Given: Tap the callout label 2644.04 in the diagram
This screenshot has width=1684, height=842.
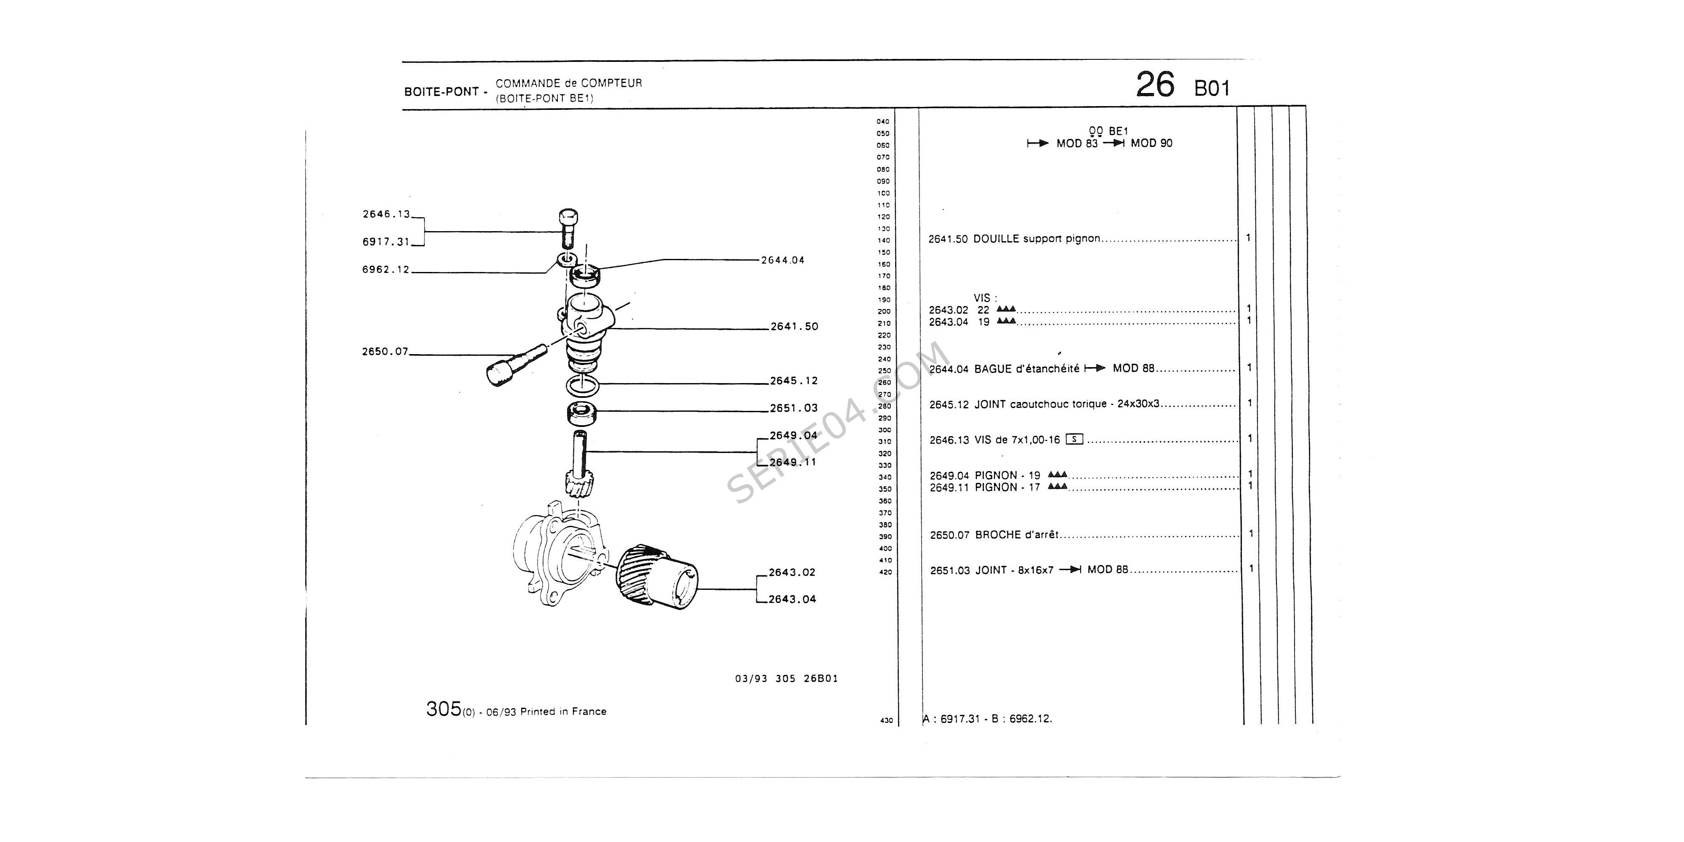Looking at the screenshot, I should (x=783, y=260).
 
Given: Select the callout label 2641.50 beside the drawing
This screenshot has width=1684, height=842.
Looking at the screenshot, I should (x=794, y=327).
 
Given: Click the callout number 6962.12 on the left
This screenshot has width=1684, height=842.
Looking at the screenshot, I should (x=386, y=269).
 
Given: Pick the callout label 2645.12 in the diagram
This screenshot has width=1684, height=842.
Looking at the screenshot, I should (x=794, y=381).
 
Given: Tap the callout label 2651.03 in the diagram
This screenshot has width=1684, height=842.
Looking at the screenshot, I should (x=794, y=408).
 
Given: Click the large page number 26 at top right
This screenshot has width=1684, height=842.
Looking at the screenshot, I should (x=1155, y=85).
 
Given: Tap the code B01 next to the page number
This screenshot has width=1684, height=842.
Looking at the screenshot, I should (x=1212, y=89).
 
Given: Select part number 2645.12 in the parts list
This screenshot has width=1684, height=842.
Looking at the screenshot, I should (x=949, y=405).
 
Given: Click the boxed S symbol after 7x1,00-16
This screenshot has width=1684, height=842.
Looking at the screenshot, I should (x=1074, y=439).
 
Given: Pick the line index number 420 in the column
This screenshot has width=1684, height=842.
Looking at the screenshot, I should (x=885, y=573).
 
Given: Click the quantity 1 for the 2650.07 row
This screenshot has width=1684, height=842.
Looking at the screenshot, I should (x=1250, y=533).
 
